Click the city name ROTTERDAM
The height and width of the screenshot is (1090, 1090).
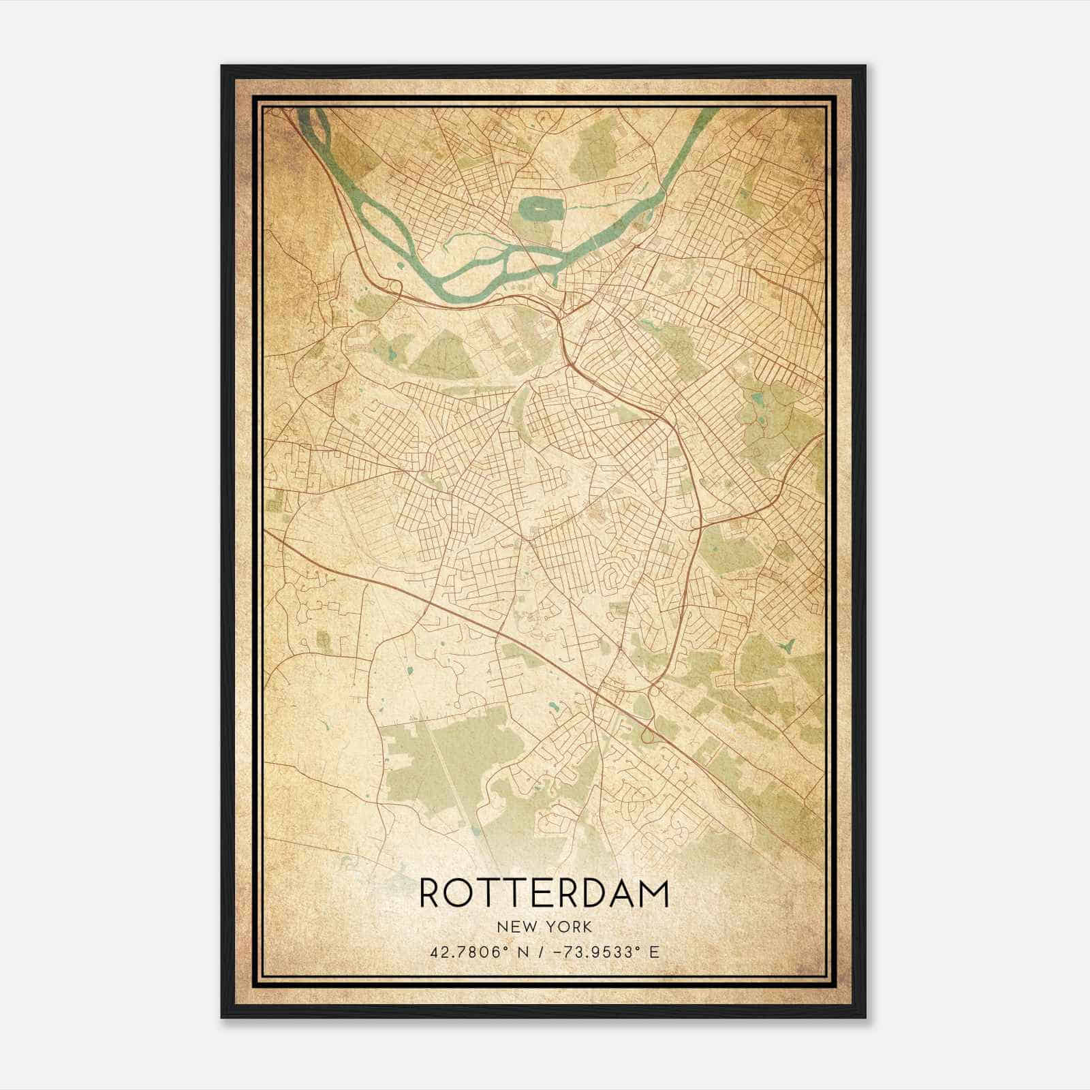click(544, 893)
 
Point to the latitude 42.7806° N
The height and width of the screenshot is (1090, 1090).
click(476, 952)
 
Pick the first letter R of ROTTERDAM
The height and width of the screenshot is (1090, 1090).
click(433, 893)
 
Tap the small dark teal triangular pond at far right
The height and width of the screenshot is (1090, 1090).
click(789, 644)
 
